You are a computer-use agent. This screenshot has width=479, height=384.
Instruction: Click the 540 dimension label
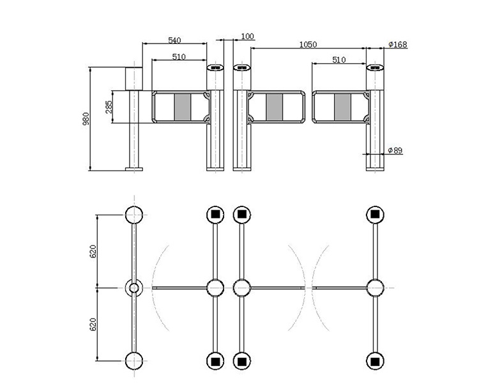174,40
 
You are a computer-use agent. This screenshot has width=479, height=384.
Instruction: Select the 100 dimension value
247,36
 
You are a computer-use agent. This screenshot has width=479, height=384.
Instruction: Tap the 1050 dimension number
308,45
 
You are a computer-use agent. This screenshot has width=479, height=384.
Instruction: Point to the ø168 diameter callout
398,45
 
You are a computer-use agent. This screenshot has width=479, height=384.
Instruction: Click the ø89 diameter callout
395,150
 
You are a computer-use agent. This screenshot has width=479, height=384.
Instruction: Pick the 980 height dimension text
86,119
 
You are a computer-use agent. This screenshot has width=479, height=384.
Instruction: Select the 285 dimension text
109,107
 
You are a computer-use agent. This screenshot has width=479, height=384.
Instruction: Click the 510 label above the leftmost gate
179,57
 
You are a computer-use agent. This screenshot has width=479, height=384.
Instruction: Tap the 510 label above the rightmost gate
339,60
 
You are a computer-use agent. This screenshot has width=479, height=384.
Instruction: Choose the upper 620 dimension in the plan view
93,251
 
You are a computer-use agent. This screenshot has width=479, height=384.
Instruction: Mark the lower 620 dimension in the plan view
93,325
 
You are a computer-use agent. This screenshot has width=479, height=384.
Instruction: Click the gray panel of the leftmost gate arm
183,107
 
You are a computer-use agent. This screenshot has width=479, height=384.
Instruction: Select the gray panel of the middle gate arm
275,107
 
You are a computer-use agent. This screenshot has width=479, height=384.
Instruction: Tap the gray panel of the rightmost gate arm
343,107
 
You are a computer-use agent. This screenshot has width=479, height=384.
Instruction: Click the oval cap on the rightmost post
375,67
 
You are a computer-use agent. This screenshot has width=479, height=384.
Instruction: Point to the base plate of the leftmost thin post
134,169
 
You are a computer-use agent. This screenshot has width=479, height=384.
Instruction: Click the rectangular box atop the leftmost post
134,79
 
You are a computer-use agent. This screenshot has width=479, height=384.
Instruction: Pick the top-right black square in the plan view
375,214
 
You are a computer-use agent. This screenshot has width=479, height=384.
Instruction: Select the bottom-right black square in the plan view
375,362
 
